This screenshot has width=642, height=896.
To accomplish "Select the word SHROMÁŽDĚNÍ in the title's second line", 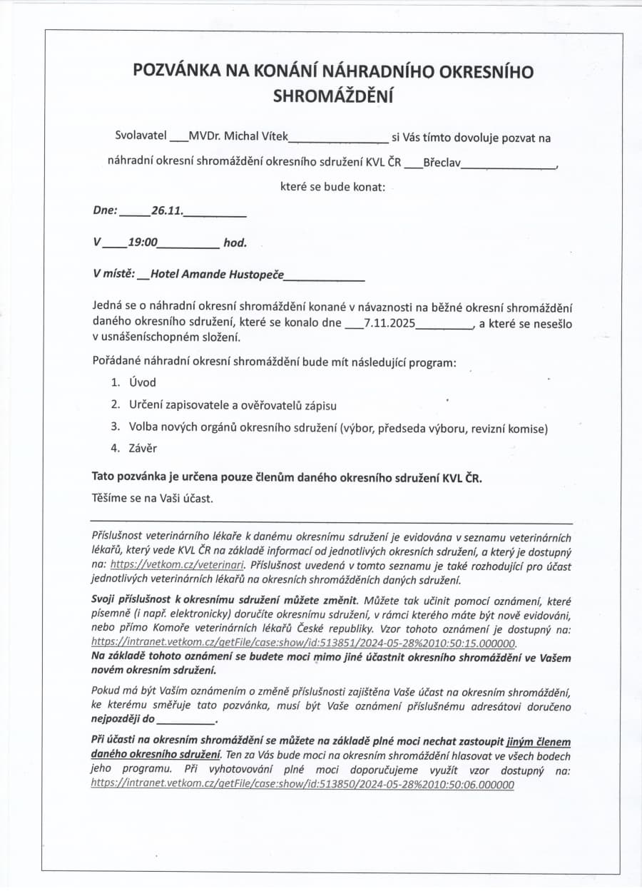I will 333,96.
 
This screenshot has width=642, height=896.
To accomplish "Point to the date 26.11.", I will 167,211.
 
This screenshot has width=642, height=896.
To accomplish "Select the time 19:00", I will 143,243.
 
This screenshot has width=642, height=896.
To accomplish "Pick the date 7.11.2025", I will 389,323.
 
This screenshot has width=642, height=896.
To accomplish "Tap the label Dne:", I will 105,211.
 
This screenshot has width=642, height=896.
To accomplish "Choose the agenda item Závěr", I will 143,448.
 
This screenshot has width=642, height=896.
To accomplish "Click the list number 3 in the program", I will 114,427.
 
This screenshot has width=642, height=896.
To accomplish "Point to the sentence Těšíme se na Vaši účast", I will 153,498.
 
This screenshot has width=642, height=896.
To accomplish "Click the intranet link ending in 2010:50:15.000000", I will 303,642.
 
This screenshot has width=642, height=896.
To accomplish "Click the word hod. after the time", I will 235,243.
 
